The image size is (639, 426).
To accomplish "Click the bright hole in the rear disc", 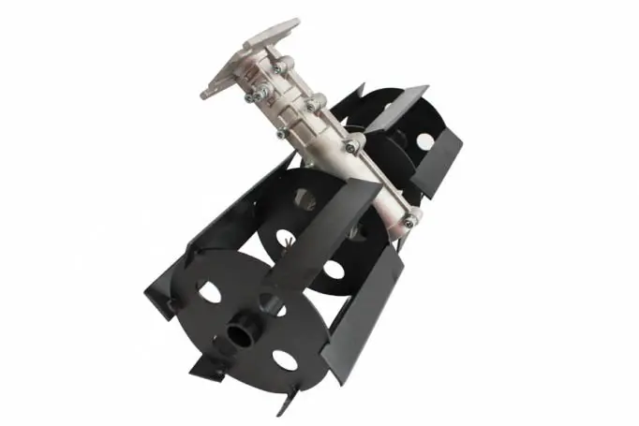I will (x=424, y=141).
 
